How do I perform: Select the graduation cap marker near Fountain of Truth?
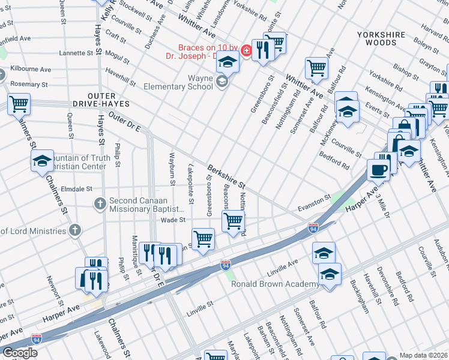(42, 161)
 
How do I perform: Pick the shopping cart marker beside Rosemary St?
(19, 104)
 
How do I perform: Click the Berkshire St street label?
(227, 176)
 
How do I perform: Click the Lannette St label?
(76, 53)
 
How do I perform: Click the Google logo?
(20, 352)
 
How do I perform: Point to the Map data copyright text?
(423, 355)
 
